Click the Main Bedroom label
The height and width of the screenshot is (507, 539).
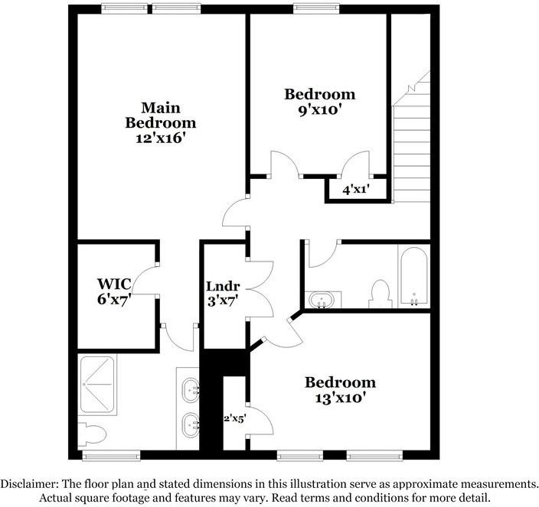[x=161, y=114]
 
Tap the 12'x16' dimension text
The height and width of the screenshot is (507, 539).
[x=161, y=139]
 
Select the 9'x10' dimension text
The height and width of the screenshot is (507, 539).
[x=319, y=109]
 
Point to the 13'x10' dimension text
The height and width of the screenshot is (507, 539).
[x=340, y=397]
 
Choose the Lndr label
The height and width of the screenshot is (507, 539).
[x=223, y=286]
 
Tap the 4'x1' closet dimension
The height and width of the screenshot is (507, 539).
[x=355, y=189]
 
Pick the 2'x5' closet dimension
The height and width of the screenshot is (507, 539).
[x=233, y=418]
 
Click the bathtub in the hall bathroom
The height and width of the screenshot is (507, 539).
[x=413, y=277]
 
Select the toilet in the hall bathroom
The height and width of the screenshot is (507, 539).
[x=381, y=293]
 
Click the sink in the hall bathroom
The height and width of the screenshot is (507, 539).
[x=322, y=299]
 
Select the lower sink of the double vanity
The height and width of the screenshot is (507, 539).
[x=190, y=423]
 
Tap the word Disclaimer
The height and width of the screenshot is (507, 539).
[x=34, y=484]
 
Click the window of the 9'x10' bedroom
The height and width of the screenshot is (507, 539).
[x=317, y=8]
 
